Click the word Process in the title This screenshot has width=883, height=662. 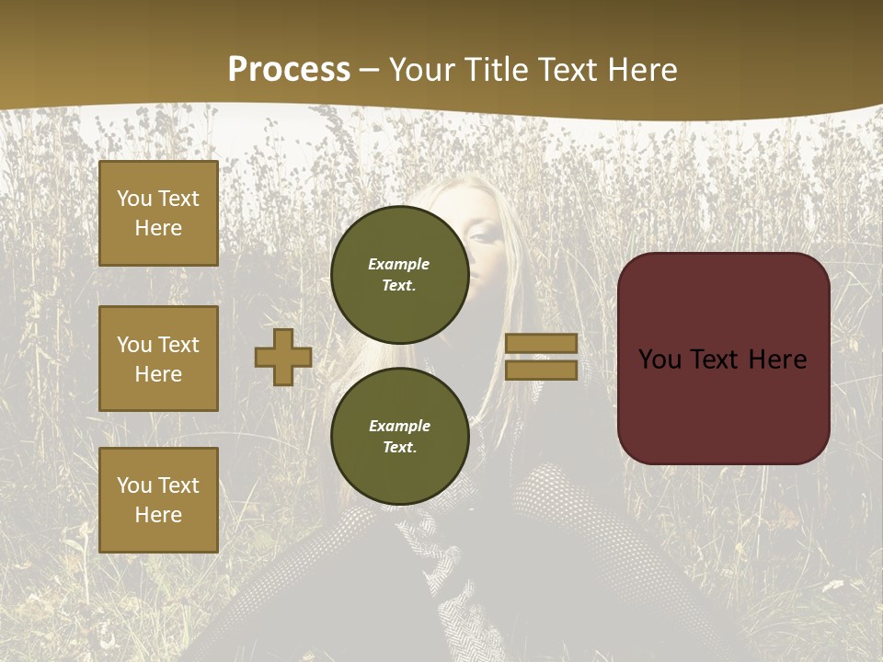(x=289, y=70)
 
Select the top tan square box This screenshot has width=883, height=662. (x=158, y=213)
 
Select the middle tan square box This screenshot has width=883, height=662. (x=158, y=359)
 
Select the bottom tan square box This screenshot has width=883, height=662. (x=158, y=500)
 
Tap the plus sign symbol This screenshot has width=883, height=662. (x=283, y=357)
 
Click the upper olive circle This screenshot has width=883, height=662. (x=399, y=274)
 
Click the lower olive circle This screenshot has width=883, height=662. (x=399, y=436)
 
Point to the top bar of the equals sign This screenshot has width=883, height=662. (x=541, y=343)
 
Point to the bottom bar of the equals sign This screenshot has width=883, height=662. (x=541, y=371)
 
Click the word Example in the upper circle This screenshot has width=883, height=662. (x=398, y=264)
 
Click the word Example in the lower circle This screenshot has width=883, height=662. (x=398, y=426)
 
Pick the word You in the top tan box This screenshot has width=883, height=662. (x=134, y=199)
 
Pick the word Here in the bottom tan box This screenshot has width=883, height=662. (x=158, y=515)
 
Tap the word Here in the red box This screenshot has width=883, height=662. (x=777, y=360)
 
